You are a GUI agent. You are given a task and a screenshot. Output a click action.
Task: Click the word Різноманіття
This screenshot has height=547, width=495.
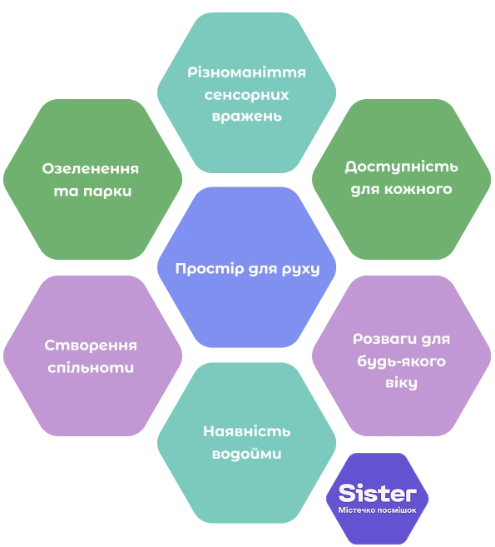[x=246, y=72]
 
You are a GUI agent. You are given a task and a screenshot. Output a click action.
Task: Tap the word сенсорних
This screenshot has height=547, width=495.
[x=246, y=95]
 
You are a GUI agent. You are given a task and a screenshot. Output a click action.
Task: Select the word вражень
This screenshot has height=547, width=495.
[x=246, y=117]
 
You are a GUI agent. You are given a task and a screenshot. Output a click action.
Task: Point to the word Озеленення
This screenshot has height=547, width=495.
[x=91, y=169]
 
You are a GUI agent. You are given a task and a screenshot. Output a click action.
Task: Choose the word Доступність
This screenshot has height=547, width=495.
[x=401, y=167]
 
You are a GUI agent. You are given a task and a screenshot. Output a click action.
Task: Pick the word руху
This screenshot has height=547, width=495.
[x=300, y=270]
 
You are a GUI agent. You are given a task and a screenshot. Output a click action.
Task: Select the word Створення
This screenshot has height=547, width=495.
[x=91, y=346]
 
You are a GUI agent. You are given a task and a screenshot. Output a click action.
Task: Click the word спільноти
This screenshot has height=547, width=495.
[x=91, y=368]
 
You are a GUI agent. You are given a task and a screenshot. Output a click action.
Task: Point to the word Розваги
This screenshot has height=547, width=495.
[x=380, y=340]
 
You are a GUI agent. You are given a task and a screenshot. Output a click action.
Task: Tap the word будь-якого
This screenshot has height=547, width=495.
[x=401, y=361]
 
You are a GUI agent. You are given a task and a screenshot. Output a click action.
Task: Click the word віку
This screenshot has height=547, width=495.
[x=401, y=383]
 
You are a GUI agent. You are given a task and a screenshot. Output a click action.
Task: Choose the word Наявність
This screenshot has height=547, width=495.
[x=246, y=431]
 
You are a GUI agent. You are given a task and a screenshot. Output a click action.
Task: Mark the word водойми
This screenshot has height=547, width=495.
[x=246, y=454]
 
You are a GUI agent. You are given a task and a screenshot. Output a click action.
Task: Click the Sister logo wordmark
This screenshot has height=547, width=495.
[x=378, y=493]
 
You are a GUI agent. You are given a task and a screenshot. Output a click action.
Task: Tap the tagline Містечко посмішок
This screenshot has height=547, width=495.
[x=377, y=510]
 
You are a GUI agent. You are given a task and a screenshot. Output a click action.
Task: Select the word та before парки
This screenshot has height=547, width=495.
[x=67, y=191]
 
